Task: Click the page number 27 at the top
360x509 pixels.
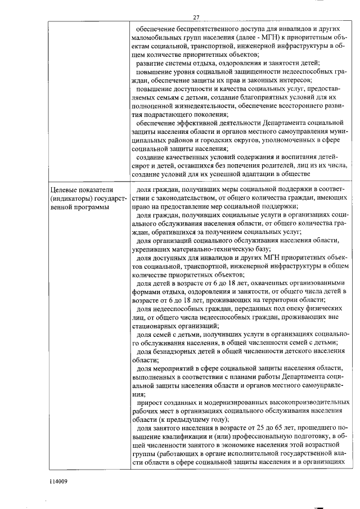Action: coord(196,17)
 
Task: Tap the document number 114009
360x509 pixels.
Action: coord(58,481)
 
